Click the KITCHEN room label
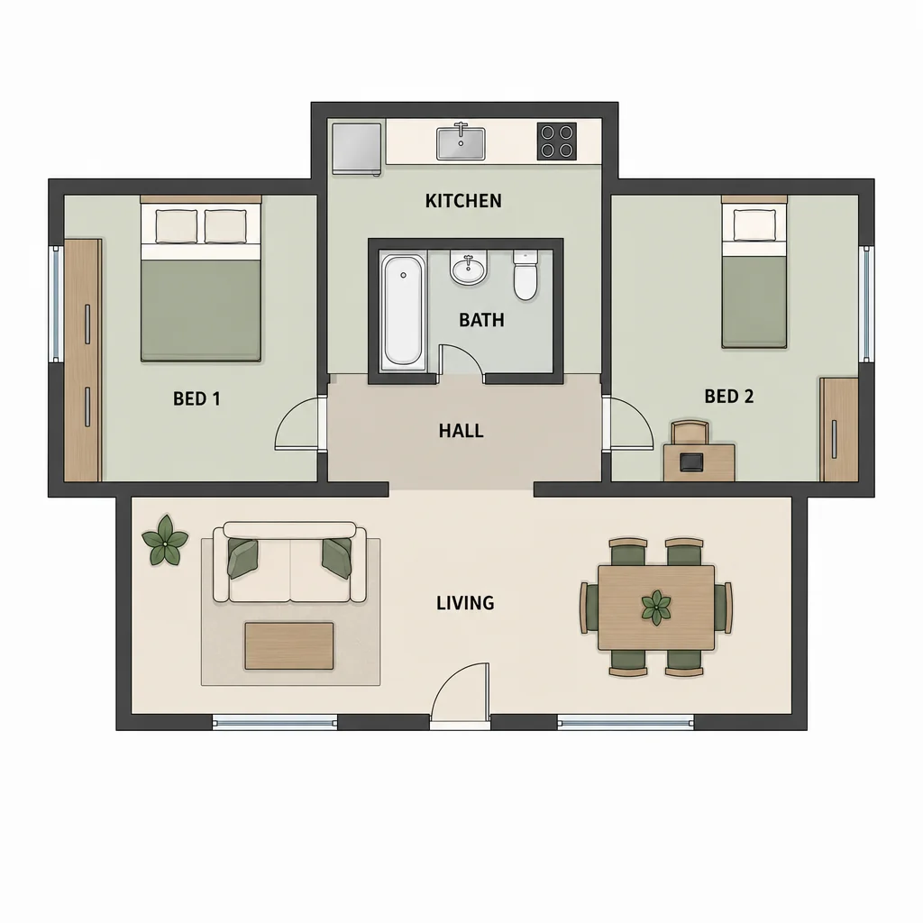463,201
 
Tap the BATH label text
481,320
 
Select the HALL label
461,431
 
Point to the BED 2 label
728,397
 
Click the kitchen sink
461,142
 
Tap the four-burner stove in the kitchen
557,142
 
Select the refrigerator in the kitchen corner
356,149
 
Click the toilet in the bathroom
525,275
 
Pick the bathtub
403,312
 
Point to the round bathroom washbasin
469,269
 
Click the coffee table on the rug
289,645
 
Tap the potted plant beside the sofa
165,541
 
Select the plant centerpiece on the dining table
656,608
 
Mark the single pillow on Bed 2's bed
754,224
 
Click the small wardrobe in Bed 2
839,430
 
